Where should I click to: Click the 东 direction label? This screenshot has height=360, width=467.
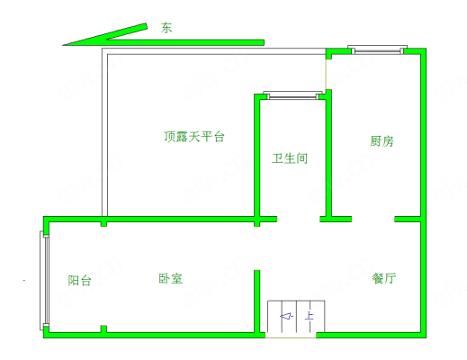click(166, 28)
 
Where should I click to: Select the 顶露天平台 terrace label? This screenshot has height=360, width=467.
click(194, 137)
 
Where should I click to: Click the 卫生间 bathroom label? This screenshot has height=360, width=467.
click(290, 158)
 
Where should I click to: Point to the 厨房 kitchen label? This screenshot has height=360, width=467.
click(382, 141)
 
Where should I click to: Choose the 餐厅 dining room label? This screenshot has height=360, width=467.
click(384, 278)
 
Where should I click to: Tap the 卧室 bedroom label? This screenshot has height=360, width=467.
click(170, 278)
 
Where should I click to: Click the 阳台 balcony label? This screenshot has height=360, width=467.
click(79, 281)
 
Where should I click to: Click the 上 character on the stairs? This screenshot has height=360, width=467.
click(310, 316)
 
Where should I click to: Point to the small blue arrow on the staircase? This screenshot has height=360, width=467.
click(286, 316)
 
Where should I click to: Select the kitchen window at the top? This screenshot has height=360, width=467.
click(377, 49)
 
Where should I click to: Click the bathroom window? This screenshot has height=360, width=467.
click(292, 95)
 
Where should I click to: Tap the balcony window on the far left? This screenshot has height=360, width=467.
click(44, 281)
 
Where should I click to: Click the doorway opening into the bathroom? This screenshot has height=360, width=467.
click(299, 219)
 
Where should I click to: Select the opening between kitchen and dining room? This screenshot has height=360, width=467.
click(373, 219)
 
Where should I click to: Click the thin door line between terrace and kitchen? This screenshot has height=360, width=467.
click(327, 74)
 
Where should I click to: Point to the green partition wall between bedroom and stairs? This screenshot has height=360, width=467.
click(257, 301)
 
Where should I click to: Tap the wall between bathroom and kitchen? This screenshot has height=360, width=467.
click(328, 156)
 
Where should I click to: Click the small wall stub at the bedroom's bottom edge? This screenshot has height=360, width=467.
click(103, 329)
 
